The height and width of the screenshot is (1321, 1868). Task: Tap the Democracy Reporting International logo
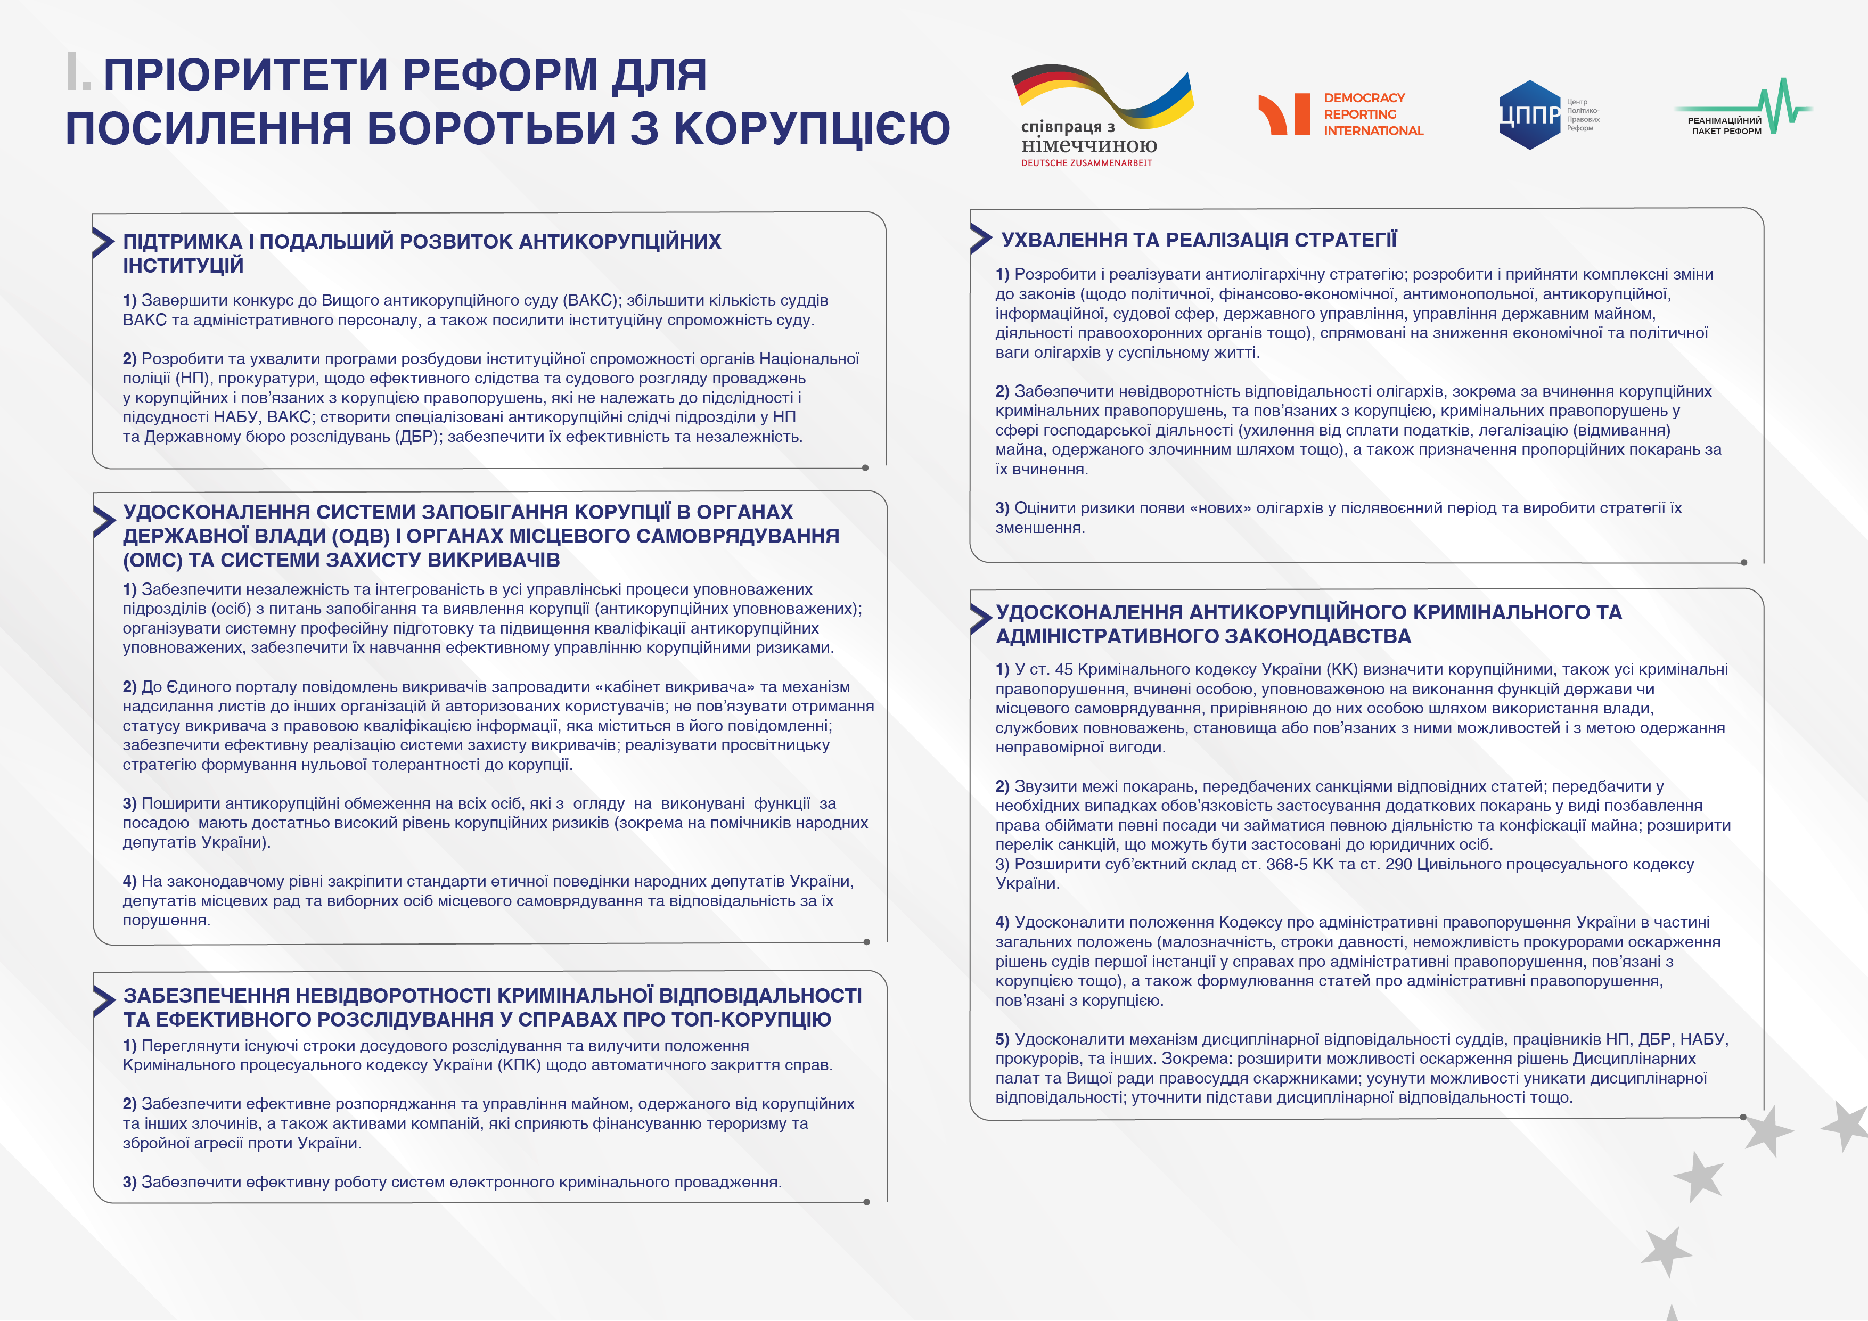[1341, 114]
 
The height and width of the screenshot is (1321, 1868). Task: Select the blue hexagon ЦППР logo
[1529, 114]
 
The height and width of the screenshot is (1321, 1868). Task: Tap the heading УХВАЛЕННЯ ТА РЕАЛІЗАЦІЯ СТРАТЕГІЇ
[1199, 240]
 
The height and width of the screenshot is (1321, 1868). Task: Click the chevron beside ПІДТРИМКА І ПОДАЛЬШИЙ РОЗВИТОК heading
[103, 242]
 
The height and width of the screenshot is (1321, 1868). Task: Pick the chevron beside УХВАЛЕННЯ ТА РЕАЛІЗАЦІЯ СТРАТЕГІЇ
[980, 239]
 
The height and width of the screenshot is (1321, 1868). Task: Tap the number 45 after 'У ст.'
[1063, 669]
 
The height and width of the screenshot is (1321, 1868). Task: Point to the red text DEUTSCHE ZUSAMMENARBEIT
[1086, 163]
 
